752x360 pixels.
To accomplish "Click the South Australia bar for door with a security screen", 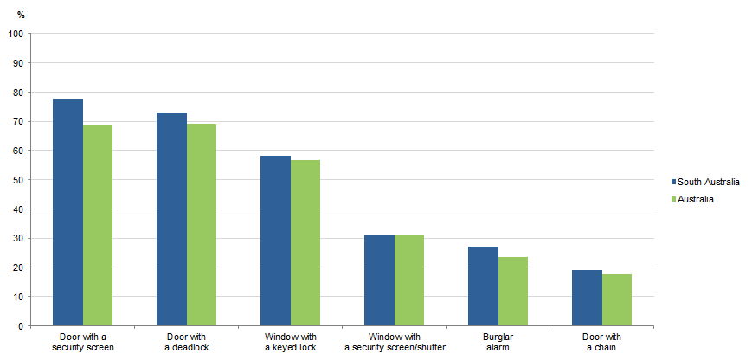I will click(67, 212).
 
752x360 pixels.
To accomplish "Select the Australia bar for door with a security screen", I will click(98, 225).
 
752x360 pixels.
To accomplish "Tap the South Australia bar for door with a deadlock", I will click(171, 219).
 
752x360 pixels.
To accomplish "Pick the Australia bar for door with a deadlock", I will click(202, 225).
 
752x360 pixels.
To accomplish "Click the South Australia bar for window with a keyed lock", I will click(275, 241).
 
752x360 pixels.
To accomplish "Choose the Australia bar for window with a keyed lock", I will click(305, 243).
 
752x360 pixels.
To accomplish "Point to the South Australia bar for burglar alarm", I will click(483, 286).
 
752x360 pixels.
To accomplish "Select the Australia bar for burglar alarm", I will click(513, 292).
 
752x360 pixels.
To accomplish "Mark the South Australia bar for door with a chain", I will click(587, 298).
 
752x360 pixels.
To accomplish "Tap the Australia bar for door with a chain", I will click(617, 300).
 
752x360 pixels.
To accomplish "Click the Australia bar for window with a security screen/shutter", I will click(409, 280).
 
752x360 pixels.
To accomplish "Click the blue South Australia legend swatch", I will click(672, 182).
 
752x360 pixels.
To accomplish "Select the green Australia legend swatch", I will click(672, 199).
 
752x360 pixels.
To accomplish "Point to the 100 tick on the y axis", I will click(16, 34).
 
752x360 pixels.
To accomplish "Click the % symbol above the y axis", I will click(21, 15).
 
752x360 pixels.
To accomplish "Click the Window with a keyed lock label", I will click(291, 342).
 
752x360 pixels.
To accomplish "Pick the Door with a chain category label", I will click(602, 342).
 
